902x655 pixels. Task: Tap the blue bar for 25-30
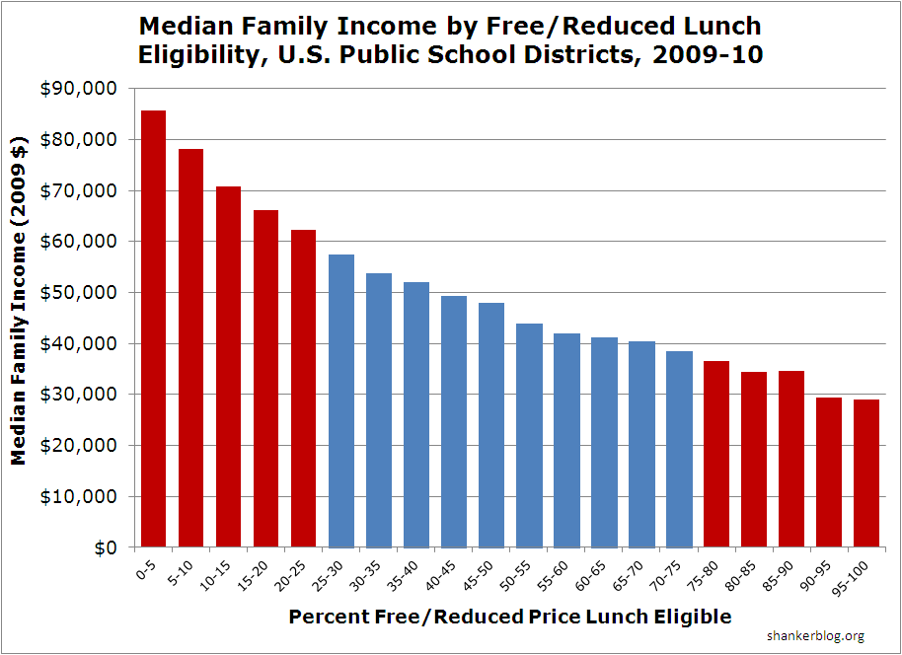(x=340, y=400)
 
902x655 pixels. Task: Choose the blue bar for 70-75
(x=678, y=449)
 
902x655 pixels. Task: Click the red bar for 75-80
(x=715, y=454)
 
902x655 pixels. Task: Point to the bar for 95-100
(x=865, y=473)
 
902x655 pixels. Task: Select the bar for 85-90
(x=790, y=459)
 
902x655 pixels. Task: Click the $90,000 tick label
(x=78, y=89)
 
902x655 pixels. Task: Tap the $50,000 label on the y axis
(x=78, y=293)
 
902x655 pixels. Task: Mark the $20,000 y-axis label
(x=78, y=446)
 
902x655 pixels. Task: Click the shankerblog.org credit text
(x=814, y=636)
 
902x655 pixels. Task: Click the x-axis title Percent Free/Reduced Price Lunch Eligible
(x=510, y=617)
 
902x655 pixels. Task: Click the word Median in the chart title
(x=185, y=25)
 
